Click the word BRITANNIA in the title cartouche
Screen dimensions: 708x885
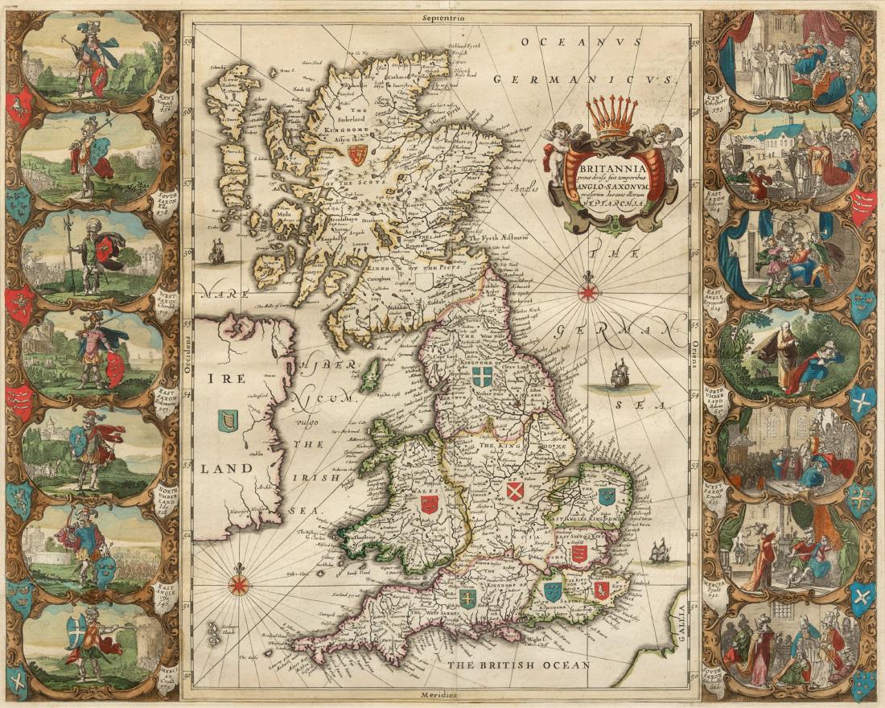click(615, 158)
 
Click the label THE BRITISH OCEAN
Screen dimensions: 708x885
click(519, 665)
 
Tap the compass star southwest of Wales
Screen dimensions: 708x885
click(239, 582)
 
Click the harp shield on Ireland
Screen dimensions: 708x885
click(228, 420)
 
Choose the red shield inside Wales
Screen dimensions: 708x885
click(429, 504)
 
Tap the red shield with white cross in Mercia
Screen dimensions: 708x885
click(515, 491)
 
